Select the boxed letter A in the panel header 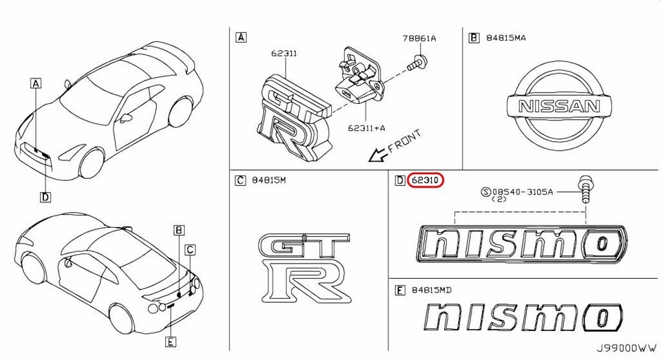(x=240, y=37)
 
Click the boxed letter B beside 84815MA (x=474, y=38)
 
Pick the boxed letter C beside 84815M (x=240, y=180)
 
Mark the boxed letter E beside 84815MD (x=399, y=290)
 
